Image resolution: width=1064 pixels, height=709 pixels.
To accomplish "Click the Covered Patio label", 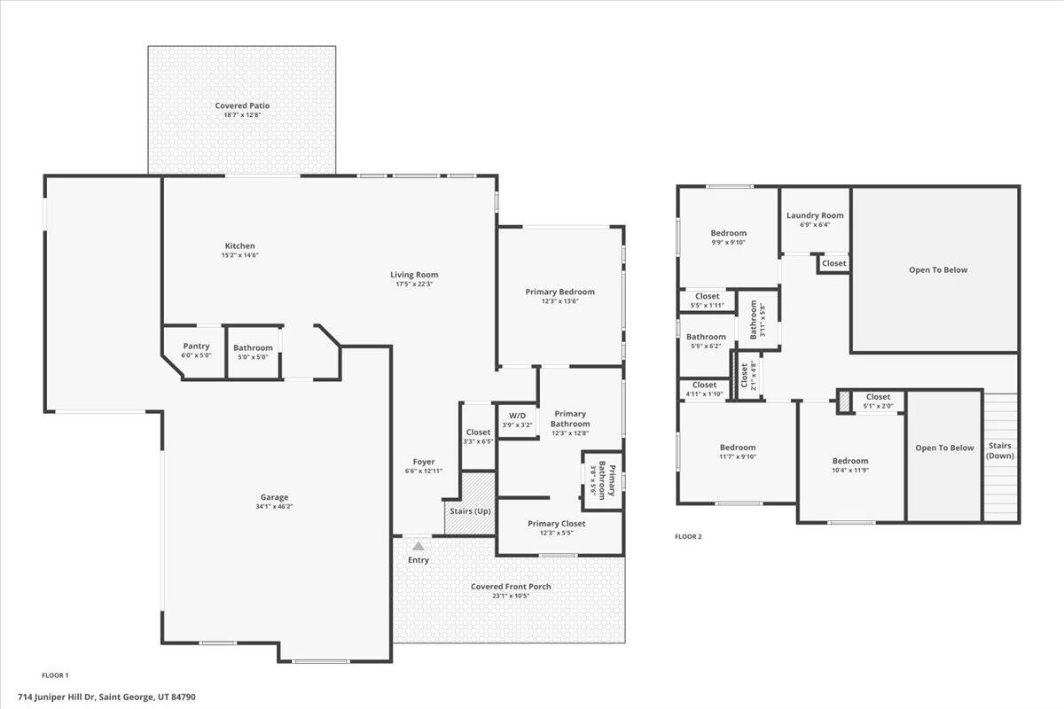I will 242,106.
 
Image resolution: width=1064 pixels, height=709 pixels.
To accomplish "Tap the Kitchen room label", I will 239,245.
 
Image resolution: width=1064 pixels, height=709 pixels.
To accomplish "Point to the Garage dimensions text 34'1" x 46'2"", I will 274,507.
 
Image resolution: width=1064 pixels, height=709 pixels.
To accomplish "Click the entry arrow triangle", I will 418,547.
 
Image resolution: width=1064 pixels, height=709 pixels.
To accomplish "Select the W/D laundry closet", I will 516,420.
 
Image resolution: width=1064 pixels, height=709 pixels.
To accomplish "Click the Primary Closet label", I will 556,523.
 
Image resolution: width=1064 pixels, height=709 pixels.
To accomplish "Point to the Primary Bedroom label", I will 559,292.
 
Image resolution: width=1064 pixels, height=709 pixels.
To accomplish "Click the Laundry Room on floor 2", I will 815,215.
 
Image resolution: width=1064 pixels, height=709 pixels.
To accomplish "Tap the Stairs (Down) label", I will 1000,450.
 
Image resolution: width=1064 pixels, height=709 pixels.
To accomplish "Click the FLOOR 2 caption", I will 688,536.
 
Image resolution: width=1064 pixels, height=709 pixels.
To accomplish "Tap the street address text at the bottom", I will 119,697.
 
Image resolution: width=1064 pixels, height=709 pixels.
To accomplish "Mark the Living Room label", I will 414,275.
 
